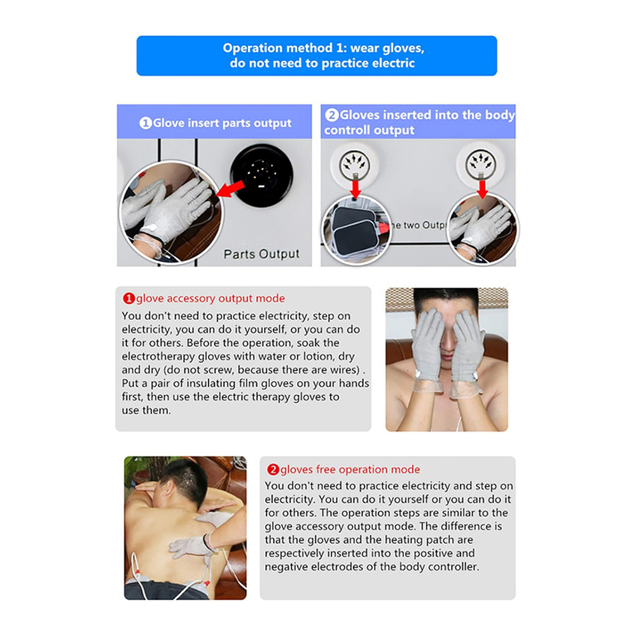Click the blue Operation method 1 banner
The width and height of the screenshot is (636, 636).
tap(316, 55)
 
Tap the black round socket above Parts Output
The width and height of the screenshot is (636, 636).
tap(261, 176)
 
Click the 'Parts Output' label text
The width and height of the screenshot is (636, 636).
tap(261, 254)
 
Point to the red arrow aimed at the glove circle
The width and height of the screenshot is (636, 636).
tap(230, 190)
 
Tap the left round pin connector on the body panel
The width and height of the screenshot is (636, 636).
tap(355, 164)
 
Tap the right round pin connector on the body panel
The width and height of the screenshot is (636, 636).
tap(481, 164)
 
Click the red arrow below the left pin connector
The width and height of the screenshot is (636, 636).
tap(356, 189)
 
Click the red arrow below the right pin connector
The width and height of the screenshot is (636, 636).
tap(482, 189)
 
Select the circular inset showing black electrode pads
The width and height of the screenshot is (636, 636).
tap(356, 230)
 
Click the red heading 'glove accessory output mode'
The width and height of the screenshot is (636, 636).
tap(210, 298)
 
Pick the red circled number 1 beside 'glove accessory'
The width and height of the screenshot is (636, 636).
tap(128, 298)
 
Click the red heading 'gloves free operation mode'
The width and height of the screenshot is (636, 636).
tap(350, 469)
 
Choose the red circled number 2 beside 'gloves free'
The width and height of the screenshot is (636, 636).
tap(273, 470)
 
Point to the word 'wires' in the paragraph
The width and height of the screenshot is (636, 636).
tap(346, 370)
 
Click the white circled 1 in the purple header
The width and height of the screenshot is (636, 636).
tap(145, 123)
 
